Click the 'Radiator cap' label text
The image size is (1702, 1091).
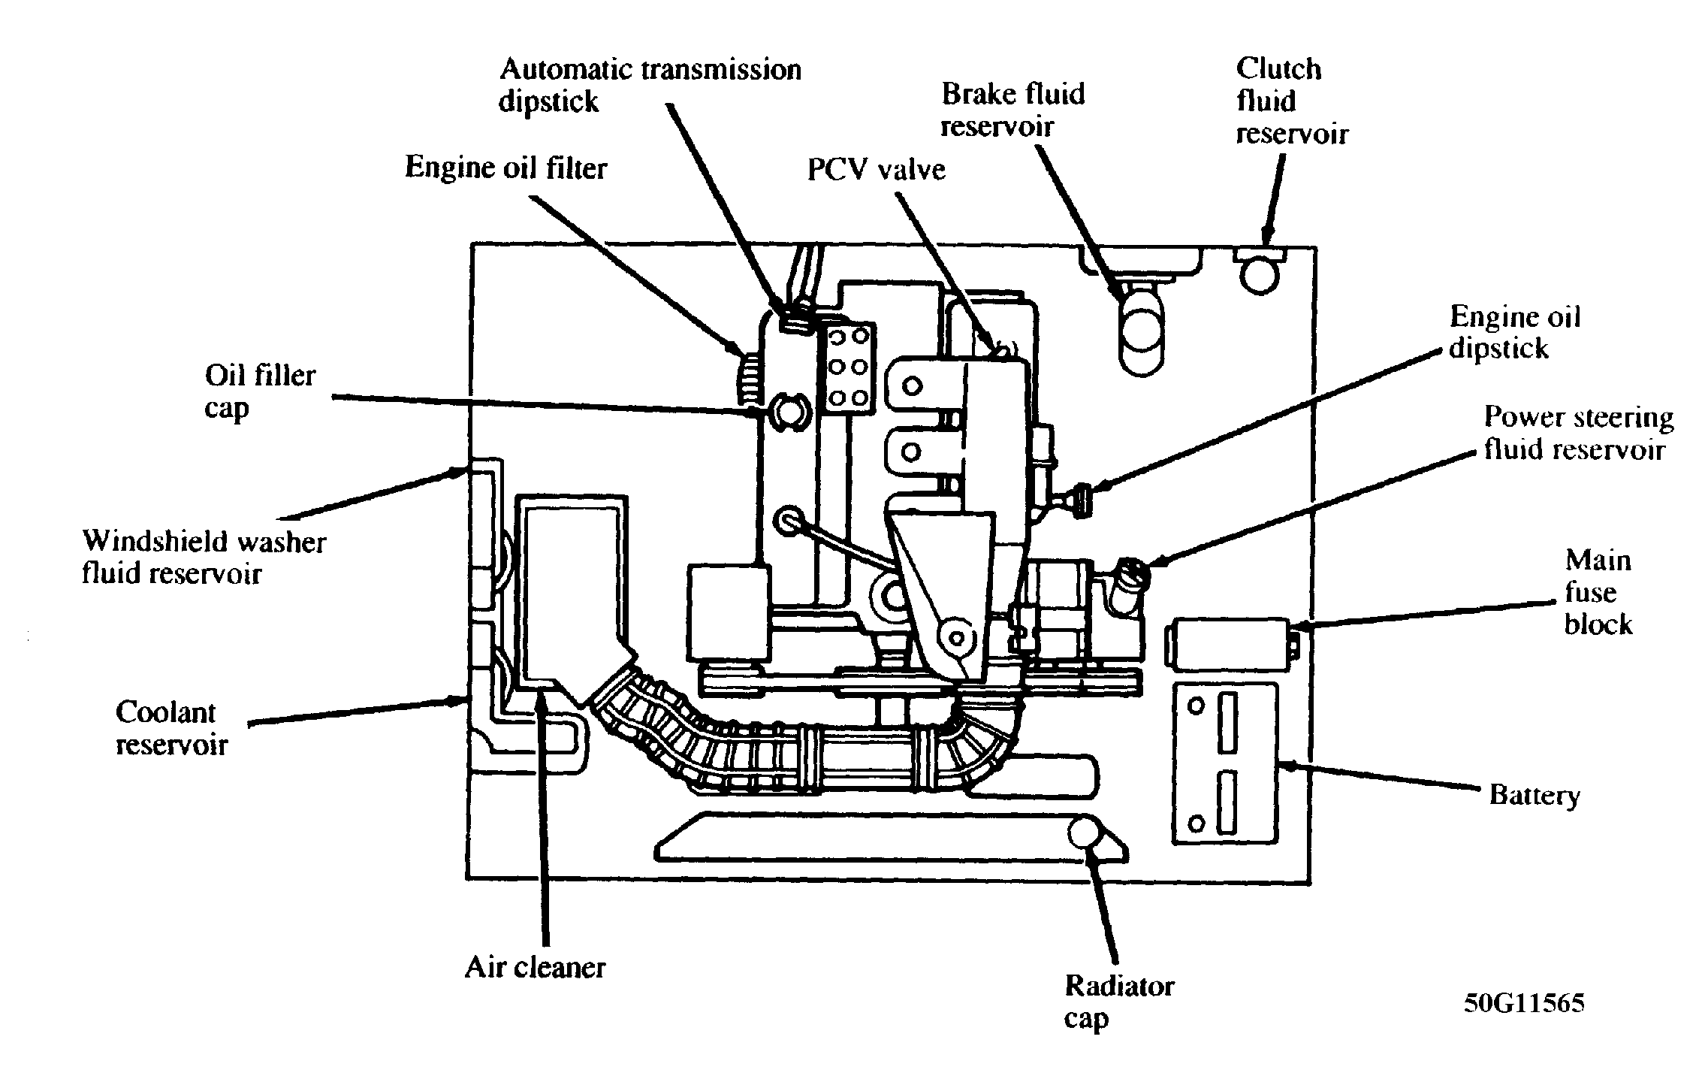click(1119, 1002)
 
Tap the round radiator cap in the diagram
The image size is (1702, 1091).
click(1085, 834)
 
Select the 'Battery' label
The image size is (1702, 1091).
click(1535, 796)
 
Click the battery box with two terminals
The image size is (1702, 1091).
click(1224, 762)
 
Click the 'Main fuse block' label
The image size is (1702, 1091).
click(1598, 592)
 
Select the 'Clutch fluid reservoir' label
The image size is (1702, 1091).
click(1292, 101)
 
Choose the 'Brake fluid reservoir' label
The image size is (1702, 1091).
click(1013, 110)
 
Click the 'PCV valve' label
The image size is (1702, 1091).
click(876, 170)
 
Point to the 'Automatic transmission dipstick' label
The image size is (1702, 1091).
click(650, 85)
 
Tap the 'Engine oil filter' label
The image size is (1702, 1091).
click(505, 167)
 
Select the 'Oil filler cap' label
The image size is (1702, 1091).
click(260, 391)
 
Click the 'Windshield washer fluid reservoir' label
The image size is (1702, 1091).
click(204, 557)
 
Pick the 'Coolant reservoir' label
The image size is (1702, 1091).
click(171, 728)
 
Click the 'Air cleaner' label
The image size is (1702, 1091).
click(535, 967)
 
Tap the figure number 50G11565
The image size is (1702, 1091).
click(1523, 1003)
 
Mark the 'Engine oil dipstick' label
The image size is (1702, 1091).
click(1514, 332)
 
